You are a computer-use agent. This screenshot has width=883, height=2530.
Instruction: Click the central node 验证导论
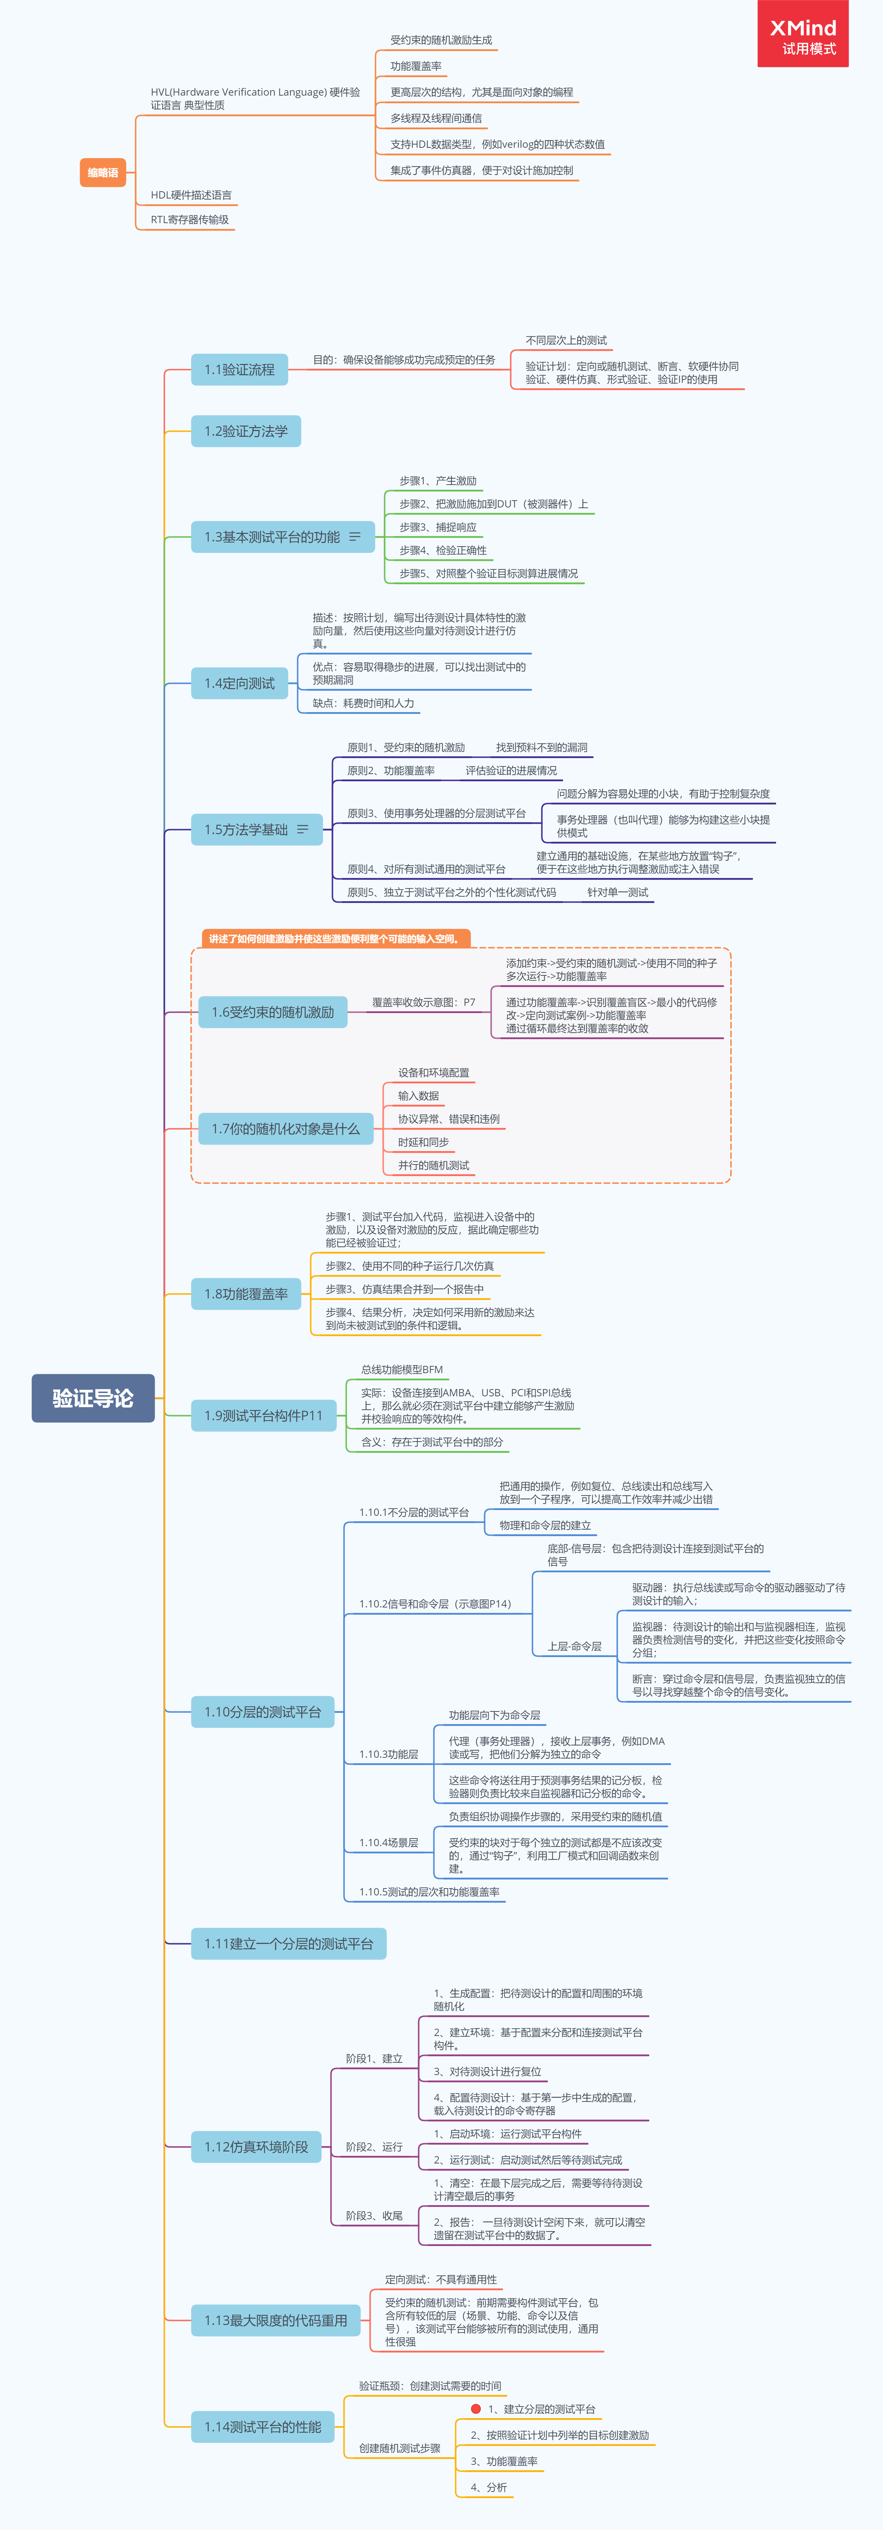[x=93, y=1398]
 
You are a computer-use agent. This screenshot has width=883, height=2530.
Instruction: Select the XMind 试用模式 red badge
[x=803, y=34]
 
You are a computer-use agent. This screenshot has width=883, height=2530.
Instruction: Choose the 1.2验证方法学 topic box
[x=246, y=431]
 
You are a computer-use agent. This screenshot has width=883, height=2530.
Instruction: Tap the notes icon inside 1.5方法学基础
[x=303, y=830]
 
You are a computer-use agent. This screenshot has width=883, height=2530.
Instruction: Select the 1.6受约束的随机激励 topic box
[x=273, y=1012]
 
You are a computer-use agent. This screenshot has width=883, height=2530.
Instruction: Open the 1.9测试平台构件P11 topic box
[x=263, y=1415]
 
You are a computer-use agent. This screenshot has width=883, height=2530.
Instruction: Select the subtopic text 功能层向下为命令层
[x=494, y=1715]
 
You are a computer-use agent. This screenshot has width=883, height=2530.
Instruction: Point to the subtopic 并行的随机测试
[x=433, y=1166]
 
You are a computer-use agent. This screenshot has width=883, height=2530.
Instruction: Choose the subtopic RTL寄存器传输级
[x=189, y=220]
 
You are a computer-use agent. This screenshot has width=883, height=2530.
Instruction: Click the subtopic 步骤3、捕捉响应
[x=438, y=527]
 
